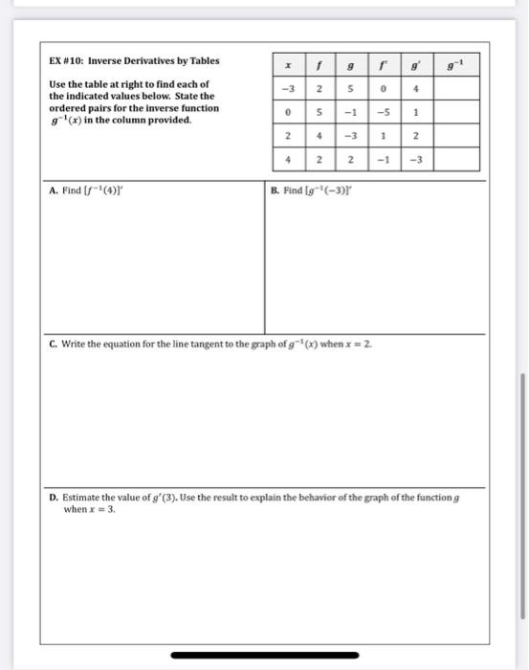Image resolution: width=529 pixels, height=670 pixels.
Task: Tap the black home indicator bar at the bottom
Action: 264,656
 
